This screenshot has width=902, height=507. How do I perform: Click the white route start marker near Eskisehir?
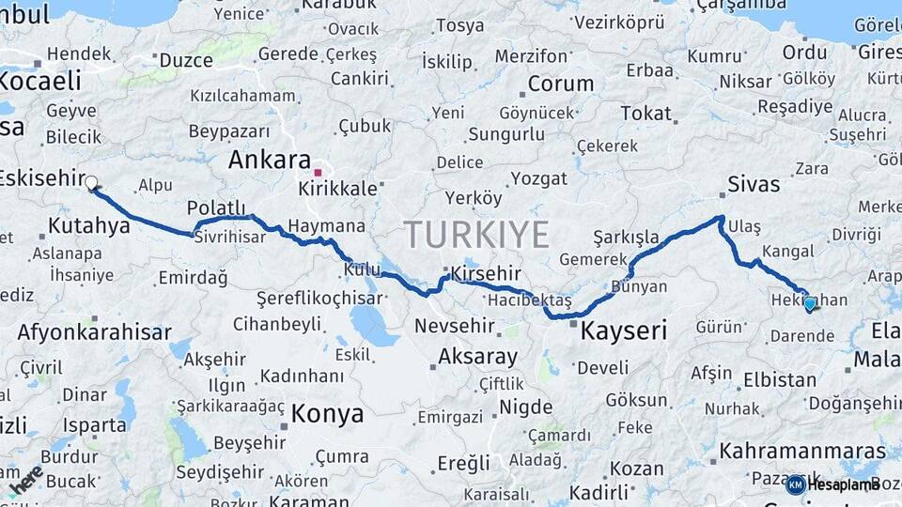tap(92, 184)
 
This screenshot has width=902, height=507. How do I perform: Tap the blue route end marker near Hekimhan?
tap(810, 303)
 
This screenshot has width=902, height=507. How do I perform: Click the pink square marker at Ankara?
tap(319, 173)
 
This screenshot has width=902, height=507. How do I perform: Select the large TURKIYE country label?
tap(476, 235)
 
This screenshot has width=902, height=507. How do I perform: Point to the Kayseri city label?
tap(624, 330)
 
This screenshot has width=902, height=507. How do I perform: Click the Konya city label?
tap(327, 414)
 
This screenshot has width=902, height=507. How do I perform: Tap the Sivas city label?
tap(754, 184)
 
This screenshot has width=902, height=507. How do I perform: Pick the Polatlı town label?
tap(216, 207)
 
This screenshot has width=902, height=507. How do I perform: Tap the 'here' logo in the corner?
tap(25, 480)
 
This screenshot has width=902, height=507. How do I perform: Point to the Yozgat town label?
tap(538, 178)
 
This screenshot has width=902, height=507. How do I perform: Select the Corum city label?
tap(561, 84)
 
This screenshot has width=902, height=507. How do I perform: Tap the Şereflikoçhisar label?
tap(320, 299)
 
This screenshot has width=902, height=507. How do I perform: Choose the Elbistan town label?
tap(779, 380)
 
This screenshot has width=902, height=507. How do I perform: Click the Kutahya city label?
tap(88, 225)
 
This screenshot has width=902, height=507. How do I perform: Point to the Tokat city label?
tap(645, 114)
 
